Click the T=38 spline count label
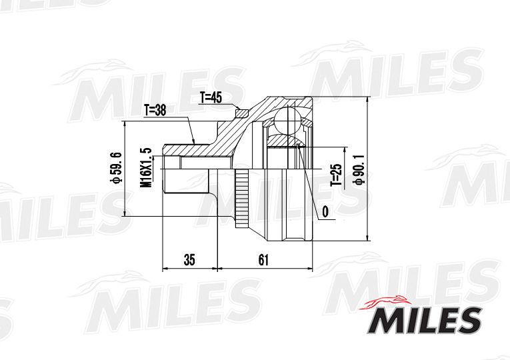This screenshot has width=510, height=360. [155, 111]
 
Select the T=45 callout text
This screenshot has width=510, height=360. [211, 98]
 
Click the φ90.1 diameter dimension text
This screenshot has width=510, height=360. [360, 169]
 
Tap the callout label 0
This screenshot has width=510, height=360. [326, 211]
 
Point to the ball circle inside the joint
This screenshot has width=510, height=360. [287, 121]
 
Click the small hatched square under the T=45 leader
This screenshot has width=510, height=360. [243, 113]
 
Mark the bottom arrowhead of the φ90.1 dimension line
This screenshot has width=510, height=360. [368, 238]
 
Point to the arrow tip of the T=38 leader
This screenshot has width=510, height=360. [193, 142]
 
